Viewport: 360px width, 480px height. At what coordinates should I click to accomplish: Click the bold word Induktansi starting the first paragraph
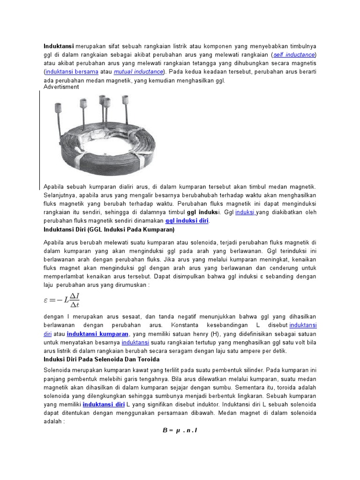pyautogui.click(x=59, y=46)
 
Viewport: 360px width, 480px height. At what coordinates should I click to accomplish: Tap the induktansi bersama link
pyautogui.click(x=72, y=72)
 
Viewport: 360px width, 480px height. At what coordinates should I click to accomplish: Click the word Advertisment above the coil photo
pyautogui.click(x=61, y=87)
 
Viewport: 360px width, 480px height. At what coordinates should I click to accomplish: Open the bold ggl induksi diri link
pyautogui.click(x=187, y=221)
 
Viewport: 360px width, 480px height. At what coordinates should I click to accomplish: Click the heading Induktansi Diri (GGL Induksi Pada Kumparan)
pyautogui.click(x=109, y=230)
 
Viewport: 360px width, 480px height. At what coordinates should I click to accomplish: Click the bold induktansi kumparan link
pyautogui.click(x=97, y=334)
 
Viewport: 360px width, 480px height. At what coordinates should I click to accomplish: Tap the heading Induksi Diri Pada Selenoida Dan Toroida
pyautogui.click(x=102, y=359)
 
